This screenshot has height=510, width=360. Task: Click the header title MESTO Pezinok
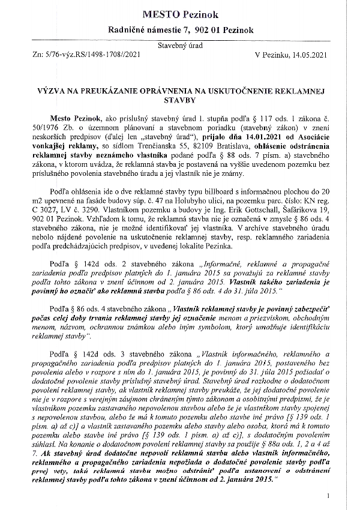click(180, 13)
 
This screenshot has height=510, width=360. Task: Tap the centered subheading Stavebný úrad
click(180, 46)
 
